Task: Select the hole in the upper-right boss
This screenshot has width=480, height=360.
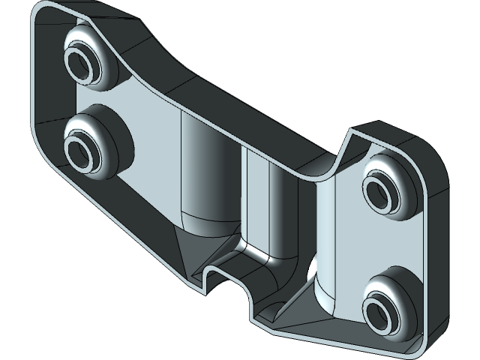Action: pyautogui.click(x=382, y=190)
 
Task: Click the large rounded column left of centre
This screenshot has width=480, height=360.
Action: pyautogui.click(x=205, y=172)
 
